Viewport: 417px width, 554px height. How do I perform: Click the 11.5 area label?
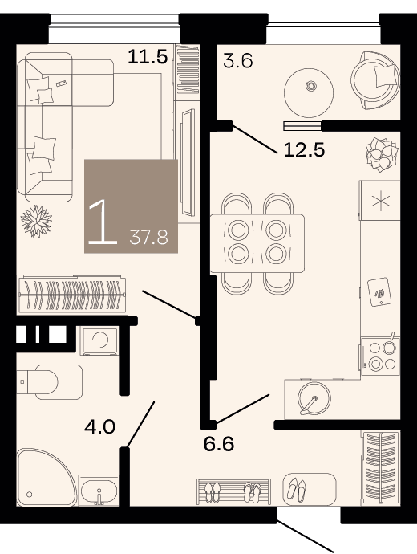click(x=147, y=56)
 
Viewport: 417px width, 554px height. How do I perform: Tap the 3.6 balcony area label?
click(x=238, y=61)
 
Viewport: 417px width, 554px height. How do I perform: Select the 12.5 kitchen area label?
click(x=304, y=150)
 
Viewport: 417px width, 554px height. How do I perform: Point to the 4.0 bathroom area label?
click(x=100, y=427)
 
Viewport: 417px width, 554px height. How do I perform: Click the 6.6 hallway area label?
click(x=219, y=444)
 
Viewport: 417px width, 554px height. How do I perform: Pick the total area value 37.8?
click(x=148, y=237)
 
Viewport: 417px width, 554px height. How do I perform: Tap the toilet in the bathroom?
click(x=50, y=382)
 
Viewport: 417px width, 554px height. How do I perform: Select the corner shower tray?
click(x=47, y=477)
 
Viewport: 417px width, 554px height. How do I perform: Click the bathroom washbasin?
click(x=99, y=490)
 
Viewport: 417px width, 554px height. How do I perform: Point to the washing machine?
click(x=100, y=340)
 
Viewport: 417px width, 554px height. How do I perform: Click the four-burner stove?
click(x=381, y=356)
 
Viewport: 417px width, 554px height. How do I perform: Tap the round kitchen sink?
click(x=314, y=398)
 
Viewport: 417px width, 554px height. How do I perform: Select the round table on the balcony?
click(x=309, y=93)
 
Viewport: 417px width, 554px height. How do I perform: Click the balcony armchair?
click(x=375, y=80)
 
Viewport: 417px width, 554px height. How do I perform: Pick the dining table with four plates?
click(x=257, y=243)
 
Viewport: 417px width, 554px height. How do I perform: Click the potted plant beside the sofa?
click(x=36, y=222)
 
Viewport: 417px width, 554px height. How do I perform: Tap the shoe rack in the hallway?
click(x=234, y=491)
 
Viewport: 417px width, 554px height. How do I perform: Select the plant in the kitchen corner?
click(x=382, y=154)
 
